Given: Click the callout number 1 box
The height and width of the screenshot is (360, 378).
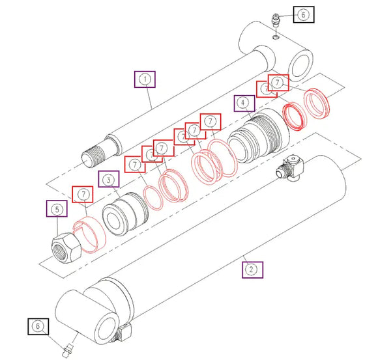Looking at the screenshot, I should click(x=145, y=80).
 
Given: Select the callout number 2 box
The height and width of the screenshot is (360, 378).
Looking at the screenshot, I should click(x=252, y=268).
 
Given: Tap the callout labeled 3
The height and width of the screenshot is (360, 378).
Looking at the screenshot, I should click(x=108, y=180).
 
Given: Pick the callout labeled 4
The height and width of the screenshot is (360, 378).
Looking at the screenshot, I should click(x=243, y=104).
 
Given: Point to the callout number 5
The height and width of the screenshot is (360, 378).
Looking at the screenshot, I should click(x=56, y=210).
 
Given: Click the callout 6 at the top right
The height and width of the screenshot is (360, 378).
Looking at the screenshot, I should click(x=303, y=14).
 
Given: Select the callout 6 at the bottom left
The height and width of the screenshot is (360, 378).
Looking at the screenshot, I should click(x=37, y=327).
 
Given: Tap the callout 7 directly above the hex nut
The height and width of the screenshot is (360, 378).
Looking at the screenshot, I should click(x=82, y=195).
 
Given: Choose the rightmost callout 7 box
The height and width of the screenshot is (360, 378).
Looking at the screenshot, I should click(x=278, y=83).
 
